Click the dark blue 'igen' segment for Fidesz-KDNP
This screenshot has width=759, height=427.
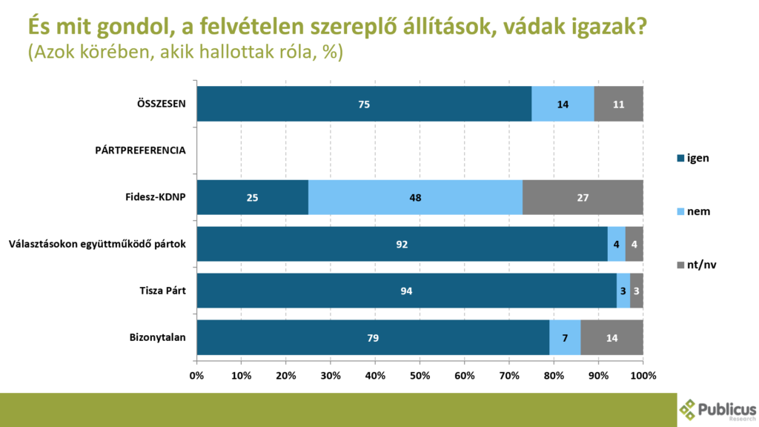252,197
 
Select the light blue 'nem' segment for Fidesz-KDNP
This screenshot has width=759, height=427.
415,197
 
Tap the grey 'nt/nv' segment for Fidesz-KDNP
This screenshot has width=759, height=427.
583,197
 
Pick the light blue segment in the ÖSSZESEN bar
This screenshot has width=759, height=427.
563,104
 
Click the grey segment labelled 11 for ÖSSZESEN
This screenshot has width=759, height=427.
618,104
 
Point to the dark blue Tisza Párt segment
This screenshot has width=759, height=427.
407,291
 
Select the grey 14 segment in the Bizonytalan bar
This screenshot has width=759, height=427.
611,337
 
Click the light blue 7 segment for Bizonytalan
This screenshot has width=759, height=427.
565,337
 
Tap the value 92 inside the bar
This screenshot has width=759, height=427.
402,244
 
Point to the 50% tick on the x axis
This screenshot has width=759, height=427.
420,376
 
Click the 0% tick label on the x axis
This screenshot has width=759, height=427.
196,376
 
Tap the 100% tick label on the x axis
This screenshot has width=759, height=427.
643,376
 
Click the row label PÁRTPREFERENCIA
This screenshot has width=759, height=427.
140,150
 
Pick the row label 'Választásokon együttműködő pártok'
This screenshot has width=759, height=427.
96,244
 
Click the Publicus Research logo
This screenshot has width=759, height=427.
717,409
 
